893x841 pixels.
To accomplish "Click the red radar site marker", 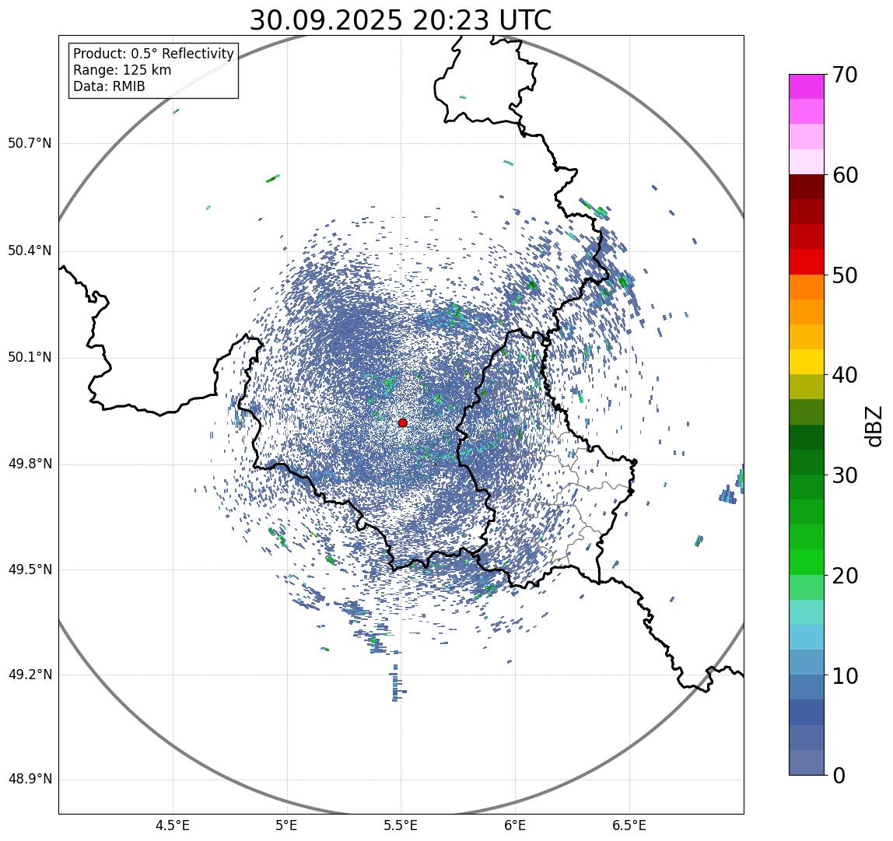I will click(402, 422).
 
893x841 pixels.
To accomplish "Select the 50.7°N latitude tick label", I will click(30, 143).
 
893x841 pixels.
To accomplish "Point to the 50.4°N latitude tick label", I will click(30, 251).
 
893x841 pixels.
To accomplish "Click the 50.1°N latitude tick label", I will click(30, 358).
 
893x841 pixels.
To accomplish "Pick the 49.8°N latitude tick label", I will click(30, 464).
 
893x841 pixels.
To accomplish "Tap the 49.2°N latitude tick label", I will click(30, 675).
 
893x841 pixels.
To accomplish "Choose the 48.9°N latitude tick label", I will click(30, 780).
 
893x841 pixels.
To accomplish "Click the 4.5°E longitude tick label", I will click(173, 825).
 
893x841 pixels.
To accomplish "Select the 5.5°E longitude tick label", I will click(401, 825).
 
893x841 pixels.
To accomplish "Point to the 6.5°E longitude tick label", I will click(629, 825).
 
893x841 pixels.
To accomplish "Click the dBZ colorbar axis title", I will click(874, 426).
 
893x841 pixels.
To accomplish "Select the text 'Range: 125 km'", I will click(122, 70).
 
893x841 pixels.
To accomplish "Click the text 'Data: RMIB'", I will click(109, 86).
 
